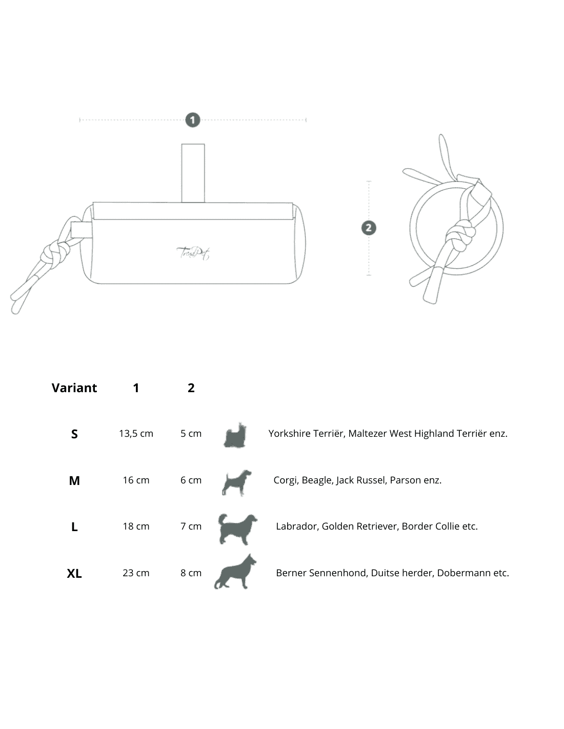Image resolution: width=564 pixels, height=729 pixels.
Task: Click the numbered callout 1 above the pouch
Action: [x=193, y=120]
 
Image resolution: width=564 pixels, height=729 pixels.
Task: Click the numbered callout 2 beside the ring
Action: [x=369, y=228]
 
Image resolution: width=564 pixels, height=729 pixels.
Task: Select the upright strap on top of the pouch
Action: [x=193, y=173]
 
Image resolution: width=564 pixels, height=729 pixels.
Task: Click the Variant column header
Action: [x=74, y=388]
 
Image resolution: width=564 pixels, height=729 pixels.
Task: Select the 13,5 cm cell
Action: [x=136, y=433]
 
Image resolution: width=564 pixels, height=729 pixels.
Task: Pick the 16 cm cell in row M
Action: [x=136, y=480]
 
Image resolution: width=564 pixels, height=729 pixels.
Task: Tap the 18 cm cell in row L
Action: [x=136, y=526]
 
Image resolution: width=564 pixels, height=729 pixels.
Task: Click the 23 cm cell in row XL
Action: [x=136, y=573]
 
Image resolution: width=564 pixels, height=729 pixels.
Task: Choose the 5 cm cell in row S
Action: [x=191, y=433]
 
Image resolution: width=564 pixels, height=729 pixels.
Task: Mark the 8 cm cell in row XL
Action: [x=191, y=573]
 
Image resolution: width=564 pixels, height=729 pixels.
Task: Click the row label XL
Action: [x=74, y=573]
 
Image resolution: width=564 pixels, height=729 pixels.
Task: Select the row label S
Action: [x=74, y=434]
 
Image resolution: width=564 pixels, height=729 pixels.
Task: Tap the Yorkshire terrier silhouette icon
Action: [x=235, y=435]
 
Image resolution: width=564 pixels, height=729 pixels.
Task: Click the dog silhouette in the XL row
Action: [x=235, y=571]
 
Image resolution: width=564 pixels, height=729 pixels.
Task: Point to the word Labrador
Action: [x=296, y=526]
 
